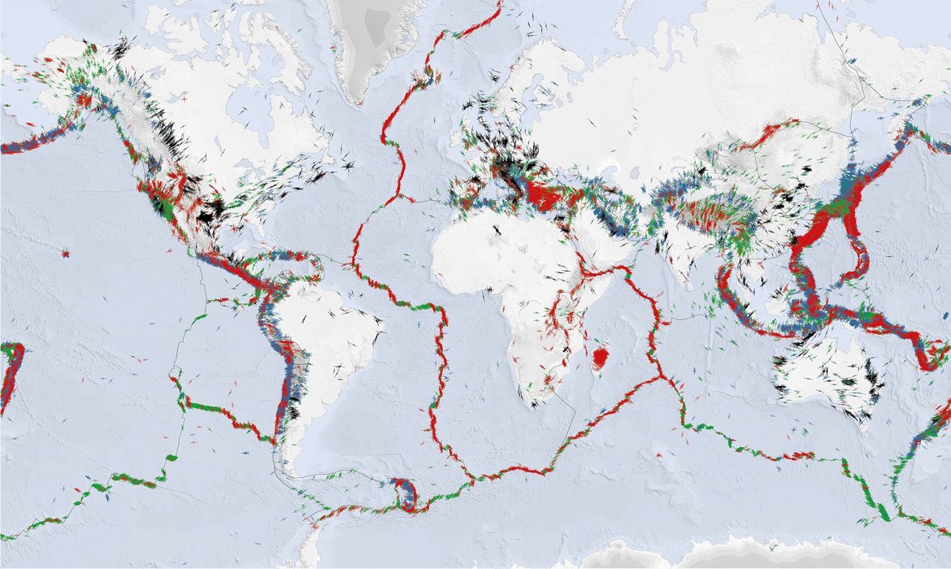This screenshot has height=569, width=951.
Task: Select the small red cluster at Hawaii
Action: click(x=65, y=254)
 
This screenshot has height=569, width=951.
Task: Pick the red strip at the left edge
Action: click(x=10, y=374)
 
